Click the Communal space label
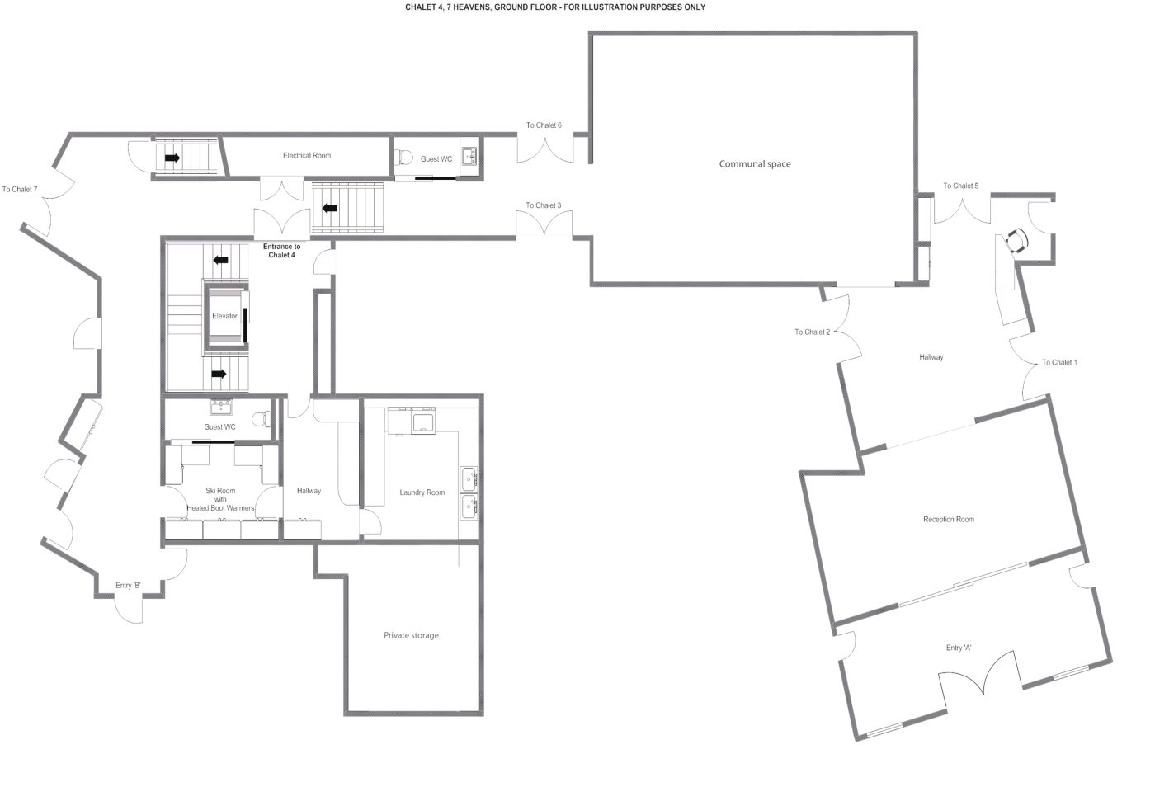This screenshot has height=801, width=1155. point(755,164)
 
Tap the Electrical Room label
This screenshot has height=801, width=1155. point(307,155)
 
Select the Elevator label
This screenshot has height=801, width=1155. point(224,316)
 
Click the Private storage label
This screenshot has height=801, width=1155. point(411,635)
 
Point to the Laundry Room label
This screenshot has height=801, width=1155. point(422,492)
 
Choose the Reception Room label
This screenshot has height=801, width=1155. point(949,519)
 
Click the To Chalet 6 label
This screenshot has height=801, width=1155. point(544,125)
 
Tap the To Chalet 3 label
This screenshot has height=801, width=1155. point(544,205)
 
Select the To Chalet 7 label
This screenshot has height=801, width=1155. point(20,189)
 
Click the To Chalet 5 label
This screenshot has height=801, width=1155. point(960,186)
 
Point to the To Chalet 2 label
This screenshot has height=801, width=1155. point(812,332)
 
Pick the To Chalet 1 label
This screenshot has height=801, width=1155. point(1059,362)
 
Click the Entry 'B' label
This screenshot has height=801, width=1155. point(128,585)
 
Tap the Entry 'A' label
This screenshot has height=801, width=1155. point(959,648)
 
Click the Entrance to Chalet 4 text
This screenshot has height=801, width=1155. point(281,251)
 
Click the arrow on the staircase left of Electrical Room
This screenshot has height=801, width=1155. point(172,158)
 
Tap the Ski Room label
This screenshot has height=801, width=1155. point(220,491)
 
